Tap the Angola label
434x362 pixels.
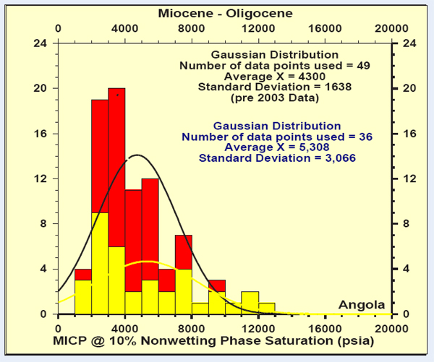pos(362,305)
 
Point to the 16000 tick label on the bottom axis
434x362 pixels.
pos(325,325)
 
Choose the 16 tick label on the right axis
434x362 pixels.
pos(407,134)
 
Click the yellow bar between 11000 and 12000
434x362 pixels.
pos(250,303)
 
